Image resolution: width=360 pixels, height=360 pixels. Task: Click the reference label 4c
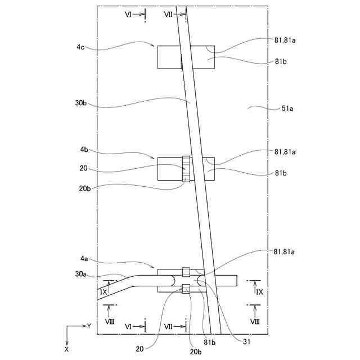80,47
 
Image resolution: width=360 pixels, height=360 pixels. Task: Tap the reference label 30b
81,103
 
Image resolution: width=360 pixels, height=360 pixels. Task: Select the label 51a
287,109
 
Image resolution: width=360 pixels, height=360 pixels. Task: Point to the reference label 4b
84,150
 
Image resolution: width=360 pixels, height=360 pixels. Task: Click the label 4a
84,259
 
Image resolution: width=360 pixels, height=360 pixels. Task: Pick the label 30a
81,274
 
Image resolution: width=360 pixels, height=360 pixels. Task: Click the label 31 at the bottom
246,342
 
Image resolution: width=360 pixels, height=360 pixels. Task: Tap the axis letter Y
89,326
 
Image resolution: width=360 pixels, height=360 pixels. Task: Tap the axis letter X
66,349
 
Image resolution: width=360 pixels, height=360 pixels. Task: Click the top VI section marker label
128,15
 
